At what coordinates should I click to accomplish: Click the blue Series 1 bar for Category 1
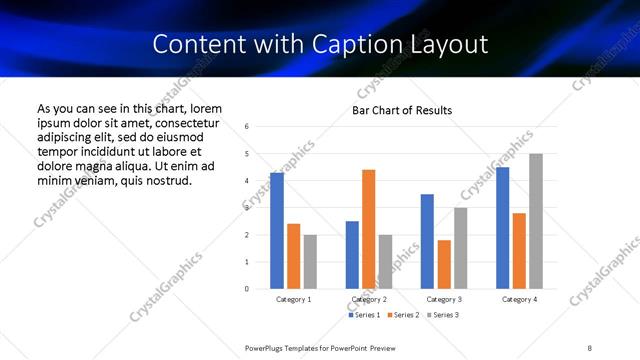coord(277,231)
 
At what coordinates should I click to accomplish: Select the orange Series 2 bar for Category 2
coord(369,229)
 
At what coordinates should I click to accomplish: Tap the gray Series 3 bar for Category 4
coord(536,221)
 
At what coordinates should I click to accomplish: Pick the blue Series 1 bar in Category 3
coord(427,241)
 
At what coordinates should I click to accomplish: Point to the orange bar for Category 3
coord(444,264)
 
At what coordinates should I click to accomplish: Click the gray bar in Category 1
coord(311,261)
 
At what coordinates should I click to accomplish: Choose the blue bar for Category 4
coord(502,228)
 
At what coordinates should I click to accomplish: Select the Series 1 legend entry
coord(363,315)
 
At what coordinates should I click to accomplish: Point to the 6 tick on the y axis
coord(247,127)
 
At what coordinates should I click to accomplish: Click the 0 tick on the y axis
coord(247,289)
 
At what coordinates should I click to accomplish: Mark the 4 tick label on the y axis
coord(247,181)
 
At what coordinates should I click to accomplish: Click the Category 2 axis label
coord(369,299)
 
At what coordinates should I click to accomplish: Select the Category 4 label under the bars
coord(519,299)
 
